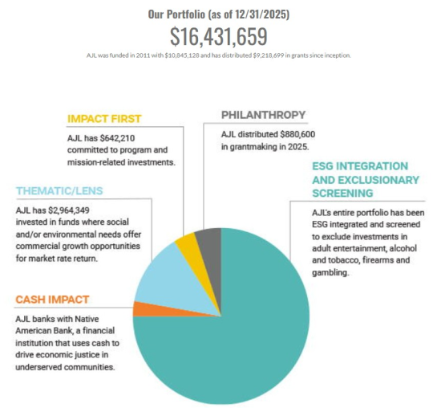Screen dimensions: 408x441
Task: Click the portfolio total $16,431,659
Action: click(x=219, y=37)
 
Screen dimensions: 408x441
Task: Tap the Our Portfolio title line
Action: click(x=219, y=14)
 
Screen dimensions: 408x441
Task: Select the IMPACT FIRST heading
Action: click(x=104, y=118)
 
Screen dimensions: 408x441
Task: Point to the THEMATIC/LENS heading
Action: click(x=59, y=191)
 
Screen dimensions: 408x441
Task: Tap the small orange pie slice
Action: click(x=139, y=309)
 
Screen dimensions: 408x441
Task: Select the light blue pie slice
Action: click(x=160, y=273)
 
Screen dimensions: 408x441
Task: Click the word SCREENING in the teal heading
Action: click(x=343, y=194)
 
